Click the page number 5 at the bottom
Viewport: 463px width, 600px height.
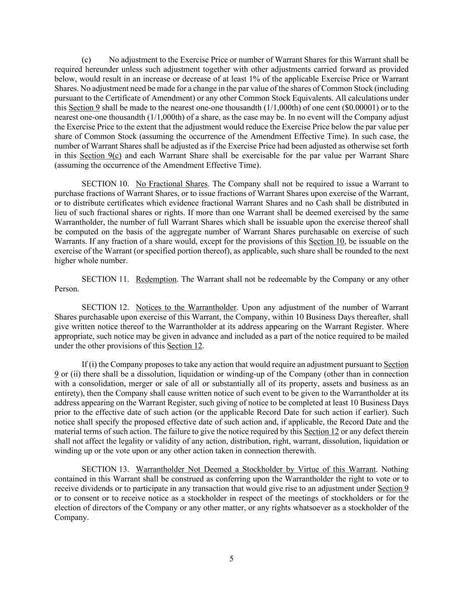tap(231, 559)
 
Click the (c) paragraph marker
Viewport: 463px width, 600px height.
tap(86, 60)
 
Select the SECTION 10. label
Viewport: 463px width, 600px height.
tap(105, 184)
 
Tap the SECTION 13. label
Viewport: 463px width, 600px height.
tap(105, 469)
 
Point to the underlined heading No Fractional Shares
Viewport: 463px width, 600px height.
tap(172, 184)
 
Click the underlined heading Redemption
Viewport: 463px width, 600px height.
tap(156, 280)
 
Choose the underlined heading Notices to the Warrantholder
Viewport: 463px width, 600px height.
tap(187, 308)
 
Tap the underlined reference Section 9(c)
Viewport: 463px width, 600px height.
tap(100, 156)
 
